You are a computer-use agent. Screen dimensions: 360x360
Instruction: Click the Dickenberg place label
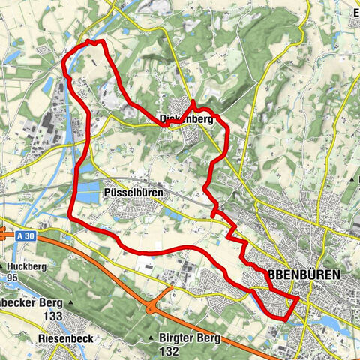[x=186, y=118]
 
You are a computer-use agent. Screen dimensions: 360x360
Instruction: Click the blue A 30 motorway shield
[x=25, y=235]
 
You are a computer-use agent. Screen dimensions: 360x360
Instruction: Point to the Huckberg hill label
[x=29, y=266]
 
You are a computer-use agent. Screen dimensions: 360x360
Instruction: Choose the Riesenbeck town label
[x=65, y=338]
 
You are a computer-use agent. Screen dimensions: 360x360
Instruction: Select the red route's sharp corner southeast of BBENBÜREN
[x=298, y=298]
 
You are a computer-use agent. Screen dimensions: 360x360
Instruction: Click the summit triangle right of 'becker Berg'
[x=70, y=303]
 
